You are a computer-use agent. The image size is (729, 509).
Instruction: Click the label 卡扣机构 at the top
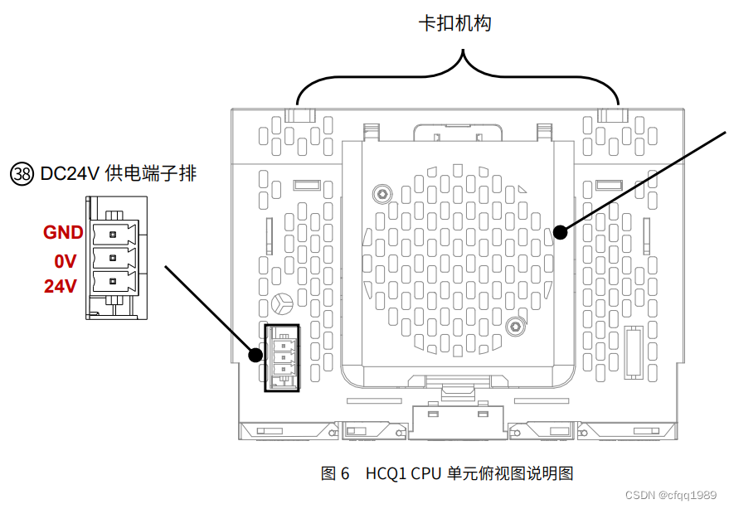coord(454,23)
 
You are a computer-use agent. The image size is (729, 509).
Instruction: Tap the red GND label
coord(63,232)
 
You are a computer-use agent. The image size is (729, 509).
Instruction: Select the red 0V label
coord(66,261)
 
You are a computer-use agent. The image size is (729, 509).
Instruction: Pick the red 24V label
coord(61,286)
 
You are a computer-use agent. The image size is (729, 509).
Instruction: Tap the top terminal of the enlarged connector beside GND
coord(114,231)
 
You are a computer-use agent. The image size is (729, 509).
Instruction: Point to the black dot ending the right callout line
coord(561,232)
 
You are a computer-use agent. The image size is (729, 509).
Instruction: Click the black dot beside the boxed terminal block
coord(256,356)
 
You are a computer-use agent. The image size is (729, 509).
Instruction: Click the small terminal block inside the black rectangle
coord(281,357)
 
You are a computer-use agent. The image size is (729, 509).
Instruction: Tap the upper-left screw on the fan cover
coord(382,193)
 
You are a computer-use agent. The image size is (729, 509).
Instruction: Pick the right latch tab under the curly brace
coord(610,115)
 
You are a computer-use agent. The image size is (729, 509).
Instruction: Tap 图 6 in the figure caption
coord(335,473)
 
